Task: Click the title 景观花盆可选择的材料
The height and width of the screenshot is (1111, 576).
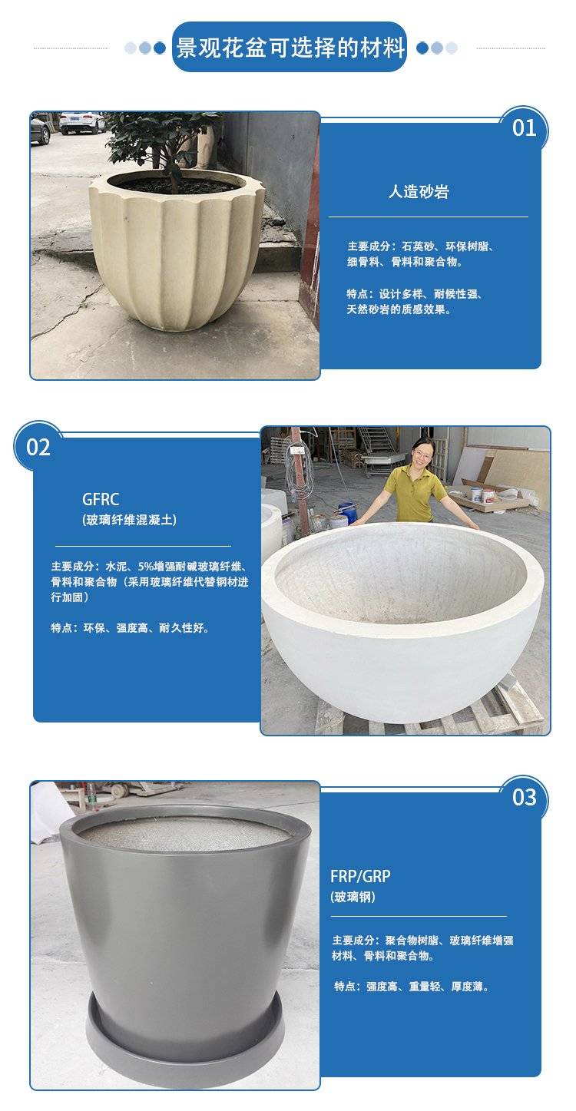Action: pos(291,48)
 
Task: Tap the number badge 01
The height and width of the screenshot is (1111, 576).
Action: pos(524,128)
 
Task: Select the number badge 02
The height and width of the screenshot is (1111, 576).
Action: pos(38,448)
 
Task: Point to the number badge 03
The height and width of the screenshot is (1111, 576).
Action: pos(525,798)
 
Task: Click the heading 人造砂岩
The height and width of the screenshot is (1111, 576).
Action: pos(419,191)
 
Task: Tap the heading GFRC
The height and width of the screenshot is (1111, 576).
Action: pos(100,499)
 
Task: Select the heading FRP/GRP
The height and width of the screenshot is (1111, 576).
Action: pos(360,876)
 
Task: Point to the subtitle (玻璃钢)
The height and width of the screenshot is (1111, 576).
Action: pos(353,897)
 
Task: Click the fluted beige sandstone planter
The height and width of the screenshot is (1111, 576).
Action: pos(176,250)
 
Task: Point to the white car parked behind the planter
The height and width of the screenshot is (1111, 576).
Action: pos(82,123)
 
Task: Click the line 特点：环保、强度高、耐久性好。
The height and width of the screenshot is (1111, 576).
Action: pos(130,628)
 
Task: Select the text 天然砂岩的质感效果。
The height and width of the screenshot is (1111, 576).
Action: pos(399,309)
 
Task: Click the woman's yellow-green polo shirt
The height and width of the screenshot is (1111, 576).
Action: pos(415,491)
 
